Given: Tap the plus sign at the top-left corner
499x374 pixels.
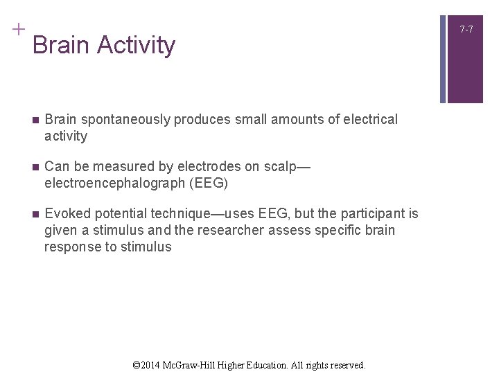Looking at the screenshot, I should (x=17, y=29).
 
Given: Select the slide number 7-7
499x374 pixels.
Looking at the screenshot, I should (x=466, y=29).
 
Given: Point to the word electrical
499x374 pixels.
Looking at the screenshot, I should (x=365, y=120).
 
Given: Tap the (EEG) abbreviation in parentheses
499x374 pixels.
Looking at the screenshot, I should (x=208, y=184).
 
